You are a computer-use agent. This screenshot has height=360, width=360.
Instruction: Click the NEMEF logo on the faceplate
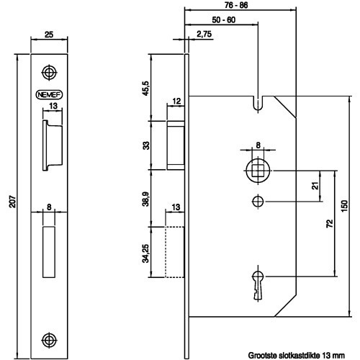[49, 95]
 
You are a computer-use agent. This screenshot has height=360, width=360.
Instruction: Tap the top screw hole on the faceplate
[49, 72]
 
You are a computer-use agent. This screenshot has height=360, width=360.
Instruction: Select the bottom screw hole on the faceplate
[49, 340]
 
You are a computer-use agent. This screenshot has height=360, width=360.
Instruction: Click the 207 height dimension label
[12, 202]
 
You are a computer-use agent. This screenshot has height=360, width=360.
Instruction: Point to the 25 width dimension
[49, 35]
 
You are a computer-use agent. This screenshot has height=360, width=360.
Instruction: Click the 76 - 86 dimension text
[236, 5]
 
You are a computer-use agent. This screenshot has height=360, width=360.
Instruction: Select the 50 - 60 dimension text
[224, 20]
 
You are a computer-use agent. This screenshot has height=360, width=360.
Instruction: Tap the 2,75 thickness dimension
[204, 34]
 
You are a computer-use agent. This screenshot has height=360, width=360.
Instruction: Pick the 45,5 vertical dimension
[145, 89]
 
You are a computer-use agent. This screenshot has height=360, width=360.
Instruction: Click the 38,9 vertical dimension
[145, 199]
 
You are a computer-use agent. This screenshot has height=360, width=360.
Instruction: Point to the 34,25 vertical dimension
[145, 253]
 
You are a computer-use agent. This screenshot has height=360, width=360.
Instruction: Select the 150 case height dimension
[344, 207]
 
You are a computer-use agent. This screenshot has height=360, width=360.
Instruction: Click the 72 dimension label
[330, 223]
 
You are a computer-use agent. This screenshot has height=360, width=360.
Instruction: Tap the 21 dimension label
[315, 186]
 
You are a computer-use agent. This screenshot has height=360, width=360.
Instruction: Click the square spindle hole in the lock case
[258, 171]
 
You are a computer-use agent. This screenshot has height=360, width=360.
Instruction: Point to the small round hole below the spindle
[258, 202]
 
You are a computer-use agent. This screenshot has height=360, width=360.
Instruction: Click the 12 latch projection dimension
[176, 101]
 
